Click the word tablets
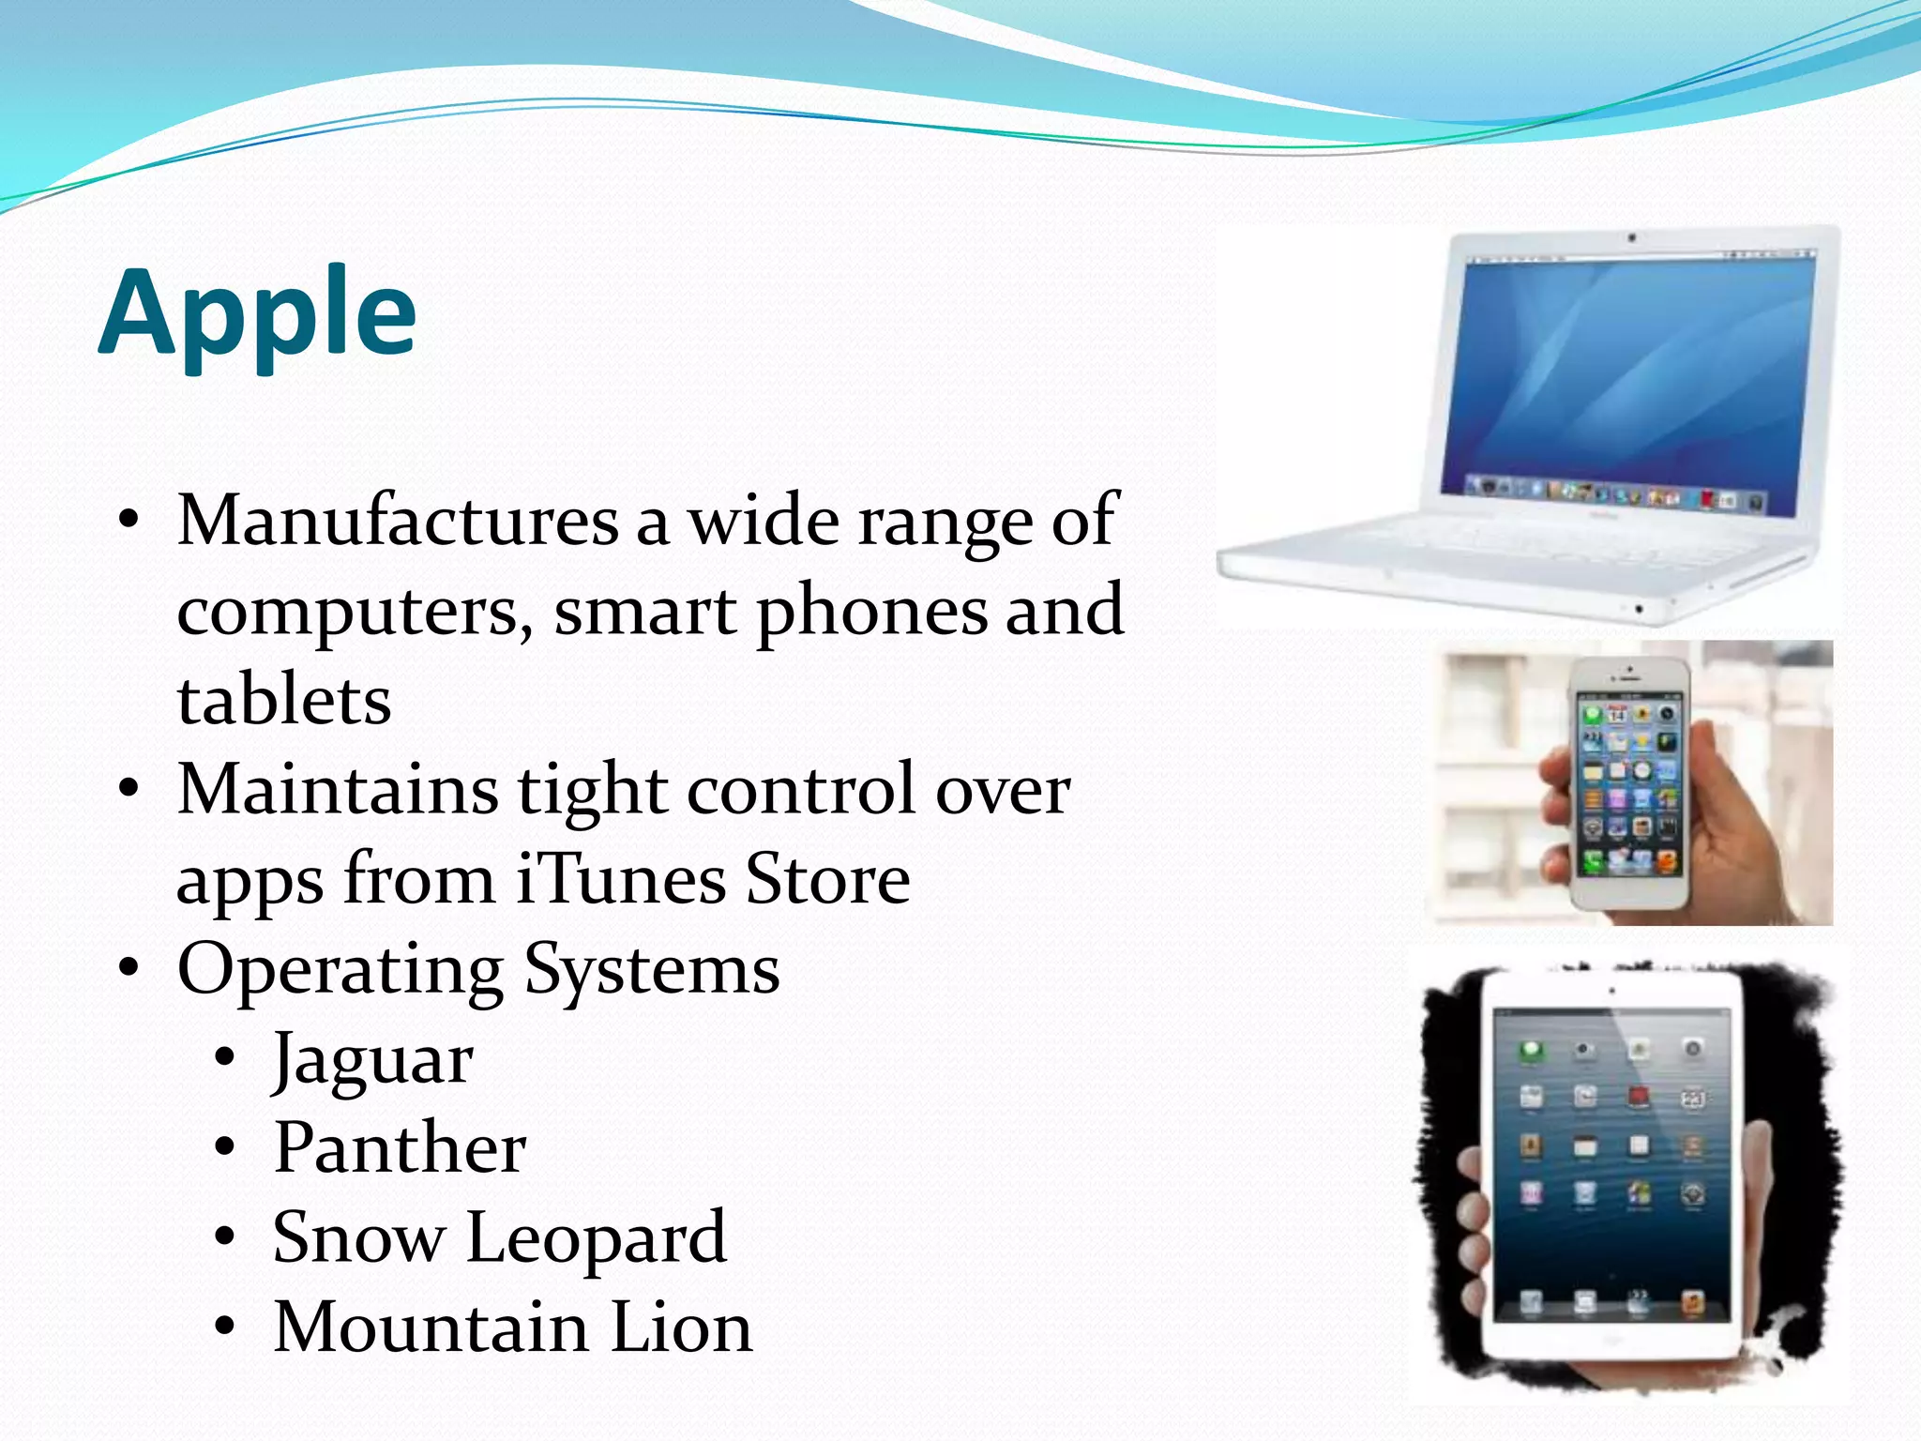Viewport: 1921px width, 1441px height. coord(284,701)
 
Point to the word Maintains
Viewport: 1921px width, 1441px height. coord(338,790)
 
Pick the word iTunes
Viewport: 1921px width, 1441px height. coord(620,879)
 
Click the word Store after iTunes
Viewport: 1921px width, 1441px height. coord(827,879)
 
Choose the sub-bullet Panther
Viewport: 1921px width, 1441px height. coord(400,1147)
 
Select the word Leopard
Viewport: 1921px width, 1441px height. coord(597,1237)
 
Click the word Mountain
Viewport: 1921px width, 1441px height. coord(431,1327)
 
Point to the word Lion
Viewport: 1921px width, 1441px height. coord(681,1327)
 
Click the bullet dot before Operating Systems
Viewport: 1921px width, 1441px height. coord(129,967)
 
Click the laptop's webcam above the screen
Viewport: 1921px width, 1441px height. coord(1633,238)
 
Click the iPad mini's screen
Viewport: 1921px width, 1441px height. coord(1611,1163)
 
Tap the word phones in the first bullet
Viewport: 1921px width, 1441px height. coord(871,612)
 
